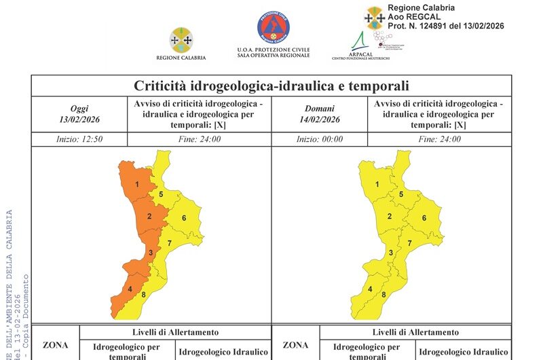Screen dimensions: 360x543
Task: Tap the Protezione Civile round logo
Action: pyautogui.click(x=274, y=29)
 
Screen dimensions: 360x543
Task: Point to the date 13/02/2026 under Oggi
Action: pyautogui.click(x=79, y=120)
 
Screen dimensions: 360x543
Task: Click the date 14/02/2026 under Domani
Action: pyautogui.click(x=320, y=120)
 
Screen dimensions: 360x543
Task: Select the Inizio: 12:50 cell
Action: pyautogui.click(x=79, y=139)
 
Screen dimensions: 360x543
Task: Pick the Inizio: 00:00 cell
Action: pyautogui.click(x=320, y=139)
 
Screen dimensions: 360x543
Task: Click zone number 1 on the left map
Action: pyautogui.click(x=136, y=185)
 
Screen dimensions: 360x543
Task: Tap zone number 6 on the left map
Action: pyautogui.click(x=184, y=218)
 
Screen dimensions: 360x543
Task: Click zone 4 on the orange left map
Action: pyautogui.click(x=130, y=290)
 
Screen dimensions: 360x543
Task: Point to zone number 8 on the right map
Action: pyautogui.click(x=383, y=295)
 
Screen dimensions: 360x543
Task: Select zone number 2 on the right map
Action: pyautogui.click(x=389, y=217)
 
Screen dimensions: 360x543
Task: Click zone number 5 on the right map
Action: pyautogui.click(x=401, y=195)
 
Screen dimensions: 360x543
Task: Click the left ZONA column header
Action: pyautogui.click(x=55, y=345)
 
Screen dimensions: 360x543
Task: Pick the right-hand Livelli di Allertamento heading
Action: pyautogui.click(x=415, y=332)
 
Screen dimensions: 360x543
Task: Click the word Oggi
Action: pyautogui.click(x=79, y=108)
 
